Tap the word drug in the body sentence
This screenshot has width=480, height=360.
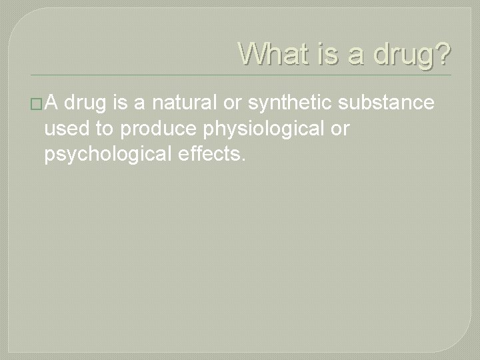pos(89,104)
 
